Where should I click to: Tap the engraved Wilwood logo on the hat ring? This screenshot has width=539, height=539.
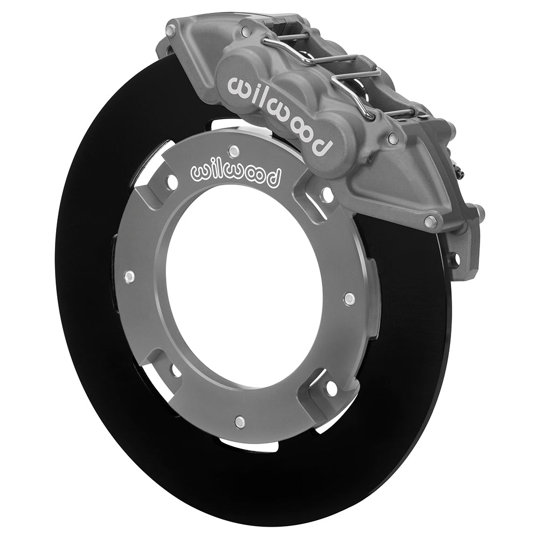tap(236, 174)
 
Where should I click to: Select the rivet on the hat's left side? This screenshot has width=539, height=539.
tap(128, 278)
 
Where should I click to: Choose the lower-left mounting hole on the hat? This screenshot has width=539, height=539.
tap(176, 370)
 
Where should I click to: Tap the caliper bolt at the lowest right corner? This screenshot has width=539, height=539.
tap(430, 220)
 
